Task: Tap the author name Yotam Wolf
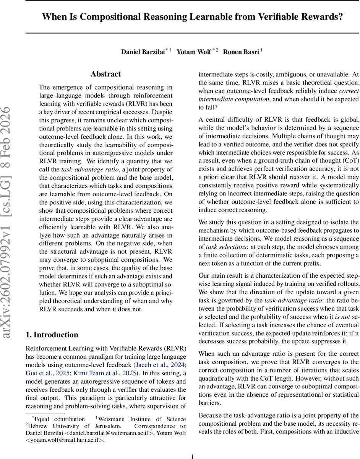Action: pos(193,52)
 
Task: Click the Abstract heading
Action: pos(105,74)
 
